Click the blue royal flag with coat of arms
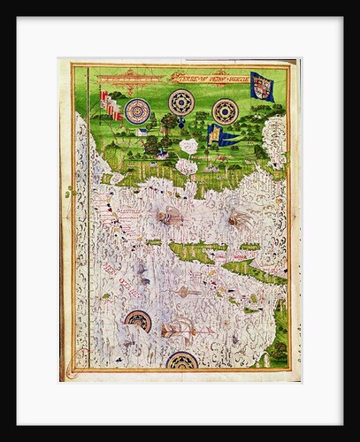(x=262, y=86)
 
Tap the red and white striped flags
(x=110, y=104)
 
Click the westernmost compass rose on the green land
(x=137, y=111)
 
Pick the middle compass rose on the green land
(x=182, y=103)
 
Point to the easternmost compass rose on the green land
(x=226, y=111)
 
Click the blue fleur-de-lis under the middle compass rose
(x=182, y=122)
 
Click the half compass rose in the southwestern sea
(x=138, y=320)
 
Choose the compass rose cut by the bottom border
(x=182, y=360)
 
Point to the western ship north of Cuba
(x=169, y=215)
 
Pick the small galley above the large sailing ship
(x=184, y=292)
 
